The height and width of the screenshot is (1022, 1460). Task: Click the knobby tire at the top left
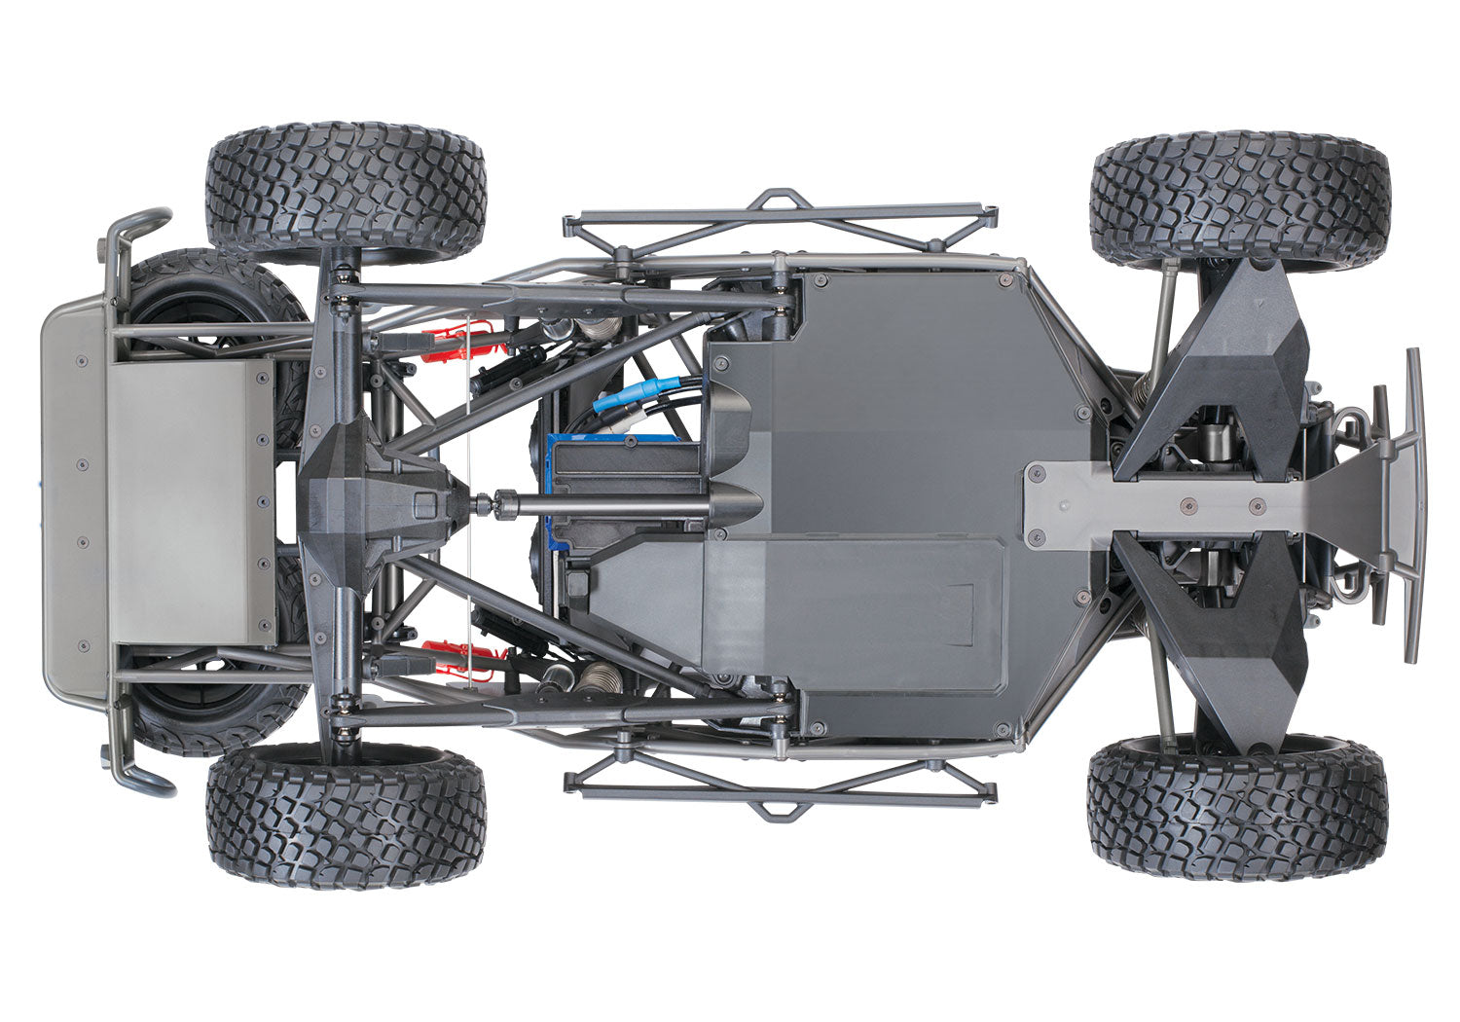tap(346, 192)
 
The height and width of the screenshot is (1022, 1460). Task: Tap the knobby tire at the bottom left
tap(346, 816)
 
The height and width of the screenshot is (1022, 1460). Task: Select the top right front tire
tap(1240, 201)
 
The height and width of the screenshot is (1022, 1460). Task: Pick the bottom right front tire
tap(1237, 807)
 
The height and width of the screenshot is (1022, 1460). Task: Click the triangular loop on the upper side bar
tap(785, 201)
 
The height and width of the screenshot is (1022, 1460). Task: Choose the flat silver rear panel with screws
tap(190, 502)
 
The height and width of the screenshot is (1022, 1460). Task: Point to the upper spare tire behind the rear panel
tap(219, 292)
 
